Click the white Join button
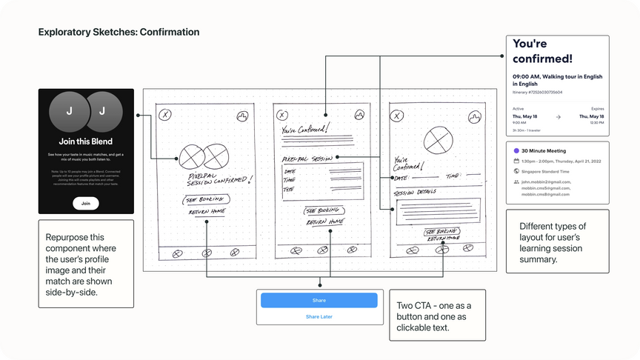(x=86, y=203)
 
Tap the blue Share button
(x=319, y=300)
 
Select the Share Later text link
(x=319, y=316)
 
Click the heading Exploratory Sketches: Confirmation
(x=119, y=33)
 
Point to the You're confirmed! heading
(x=542, y=51)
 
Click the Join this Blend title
(x=86, y=141)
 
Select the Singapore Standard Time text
(x=546, y=170)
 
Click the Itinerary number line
(x=537, y=93)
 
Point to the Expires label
(x=597, y=109)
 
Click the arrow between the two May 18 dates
(x=558, y=116)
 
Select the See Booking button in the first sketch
(x=207, y=199)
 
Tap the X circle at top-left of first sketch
(x=166, y=115)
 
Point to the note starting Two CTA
(x=436, y=316)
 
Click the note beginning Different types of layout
(x=556, y=242)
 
